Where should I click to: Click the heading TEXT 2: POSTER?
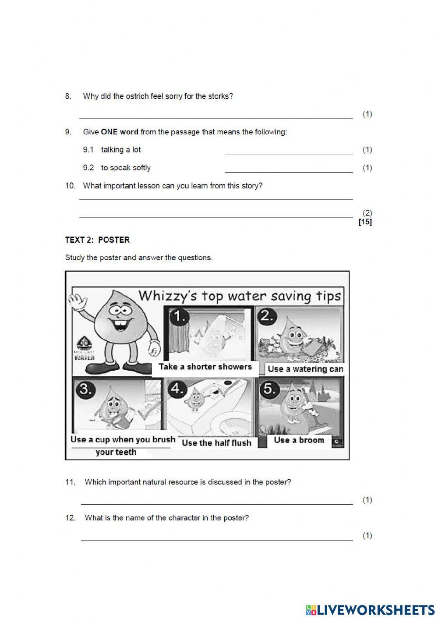pos(97,240)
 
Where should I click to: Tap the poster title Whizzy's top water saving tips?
pos(239,296)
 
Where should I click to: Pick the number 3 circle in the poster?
pos(85,389)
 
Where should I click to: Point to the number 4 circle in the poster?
pos(177,389)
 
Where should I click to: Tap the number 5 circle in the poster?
pos(269,389)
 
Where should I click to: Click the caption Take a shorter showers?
pos(205,367)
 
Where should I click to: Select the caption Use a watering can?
pos(305,369)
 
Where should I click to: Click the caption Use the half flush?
pos(216,443)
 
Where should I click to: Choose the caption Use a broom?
pos(299,440)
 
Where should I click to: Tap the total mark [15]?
pos(365,222)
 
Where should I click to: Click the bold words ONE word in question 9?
pos(120,132)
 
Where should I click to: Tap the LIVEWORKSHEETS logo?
pos(370,609)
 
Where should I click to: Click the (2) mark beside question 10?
pos(367,213)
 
